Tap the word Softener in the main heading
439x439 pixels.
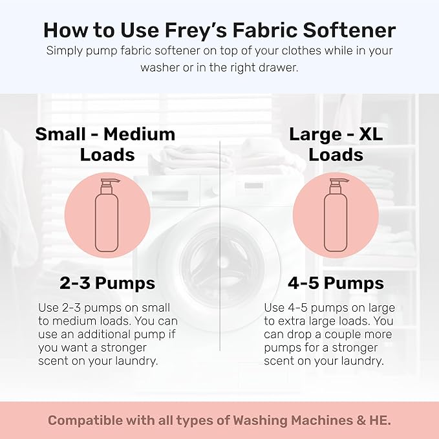[350, 30]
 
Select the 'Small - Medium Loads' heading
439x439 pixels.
[105, 144]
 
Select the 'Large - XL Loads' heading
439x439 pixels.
[334, 144]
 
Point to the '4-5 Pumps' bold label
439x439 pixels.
[335, 283]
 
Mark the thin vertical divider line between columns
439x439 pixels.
[220, 246]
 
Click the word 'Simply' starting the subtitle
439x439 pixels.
[64, 51]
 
